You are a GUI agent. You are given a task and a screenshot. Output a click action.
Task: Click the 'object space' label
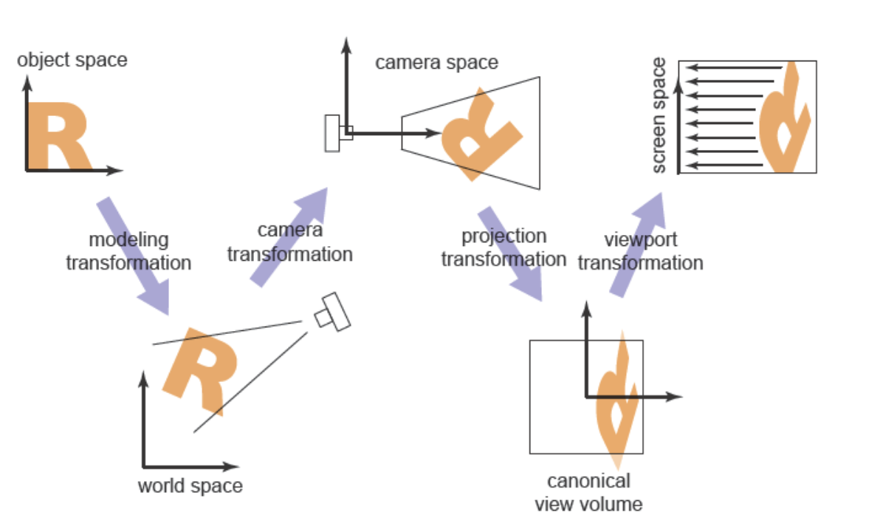(72, 60)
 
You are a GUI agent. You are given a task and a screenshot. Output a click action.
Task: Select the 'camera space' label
(437, 62)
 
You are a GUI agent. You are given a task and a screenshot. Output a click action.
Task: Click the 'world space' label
(190, 485)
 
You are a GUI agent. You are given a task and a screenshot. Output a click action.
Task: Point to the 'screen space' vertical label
(659, 115)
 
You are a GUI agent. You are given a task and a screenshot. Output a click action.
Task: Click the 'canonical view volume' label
(588, 493)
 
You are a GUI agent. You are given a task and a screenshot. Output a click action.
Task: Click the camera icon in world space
(331, 312)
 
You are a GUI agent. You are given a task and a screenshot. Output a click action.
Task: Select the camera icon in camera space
(337, 133)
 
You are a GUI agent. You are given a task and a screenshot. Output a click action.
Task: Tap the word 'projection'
(504, 236)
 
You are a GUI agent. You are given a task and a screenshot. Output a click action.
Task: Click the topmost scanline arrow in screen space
(734, 68)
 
